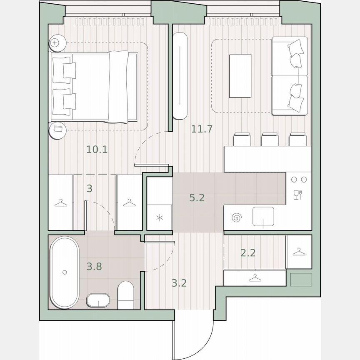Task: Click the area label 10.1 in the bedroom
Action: point(97,149)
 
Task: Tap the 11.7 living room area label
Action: point(202,129)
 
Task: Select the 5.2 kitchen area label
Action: point(197,198)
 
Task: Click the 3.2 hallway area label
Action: point(179,284)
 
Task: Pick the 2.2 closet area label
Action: point(248,252)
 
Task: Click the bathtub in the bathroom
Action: point(64,272)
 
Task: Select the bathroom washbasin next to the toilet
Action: point(98,300)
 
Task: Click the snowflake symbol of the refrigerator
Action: point(160,217)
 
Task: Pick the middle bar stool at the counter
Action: point(269,140)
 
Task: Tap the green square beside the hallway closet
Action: point(301,279)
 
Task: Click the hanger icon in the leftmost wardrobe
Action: point(61,202)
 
